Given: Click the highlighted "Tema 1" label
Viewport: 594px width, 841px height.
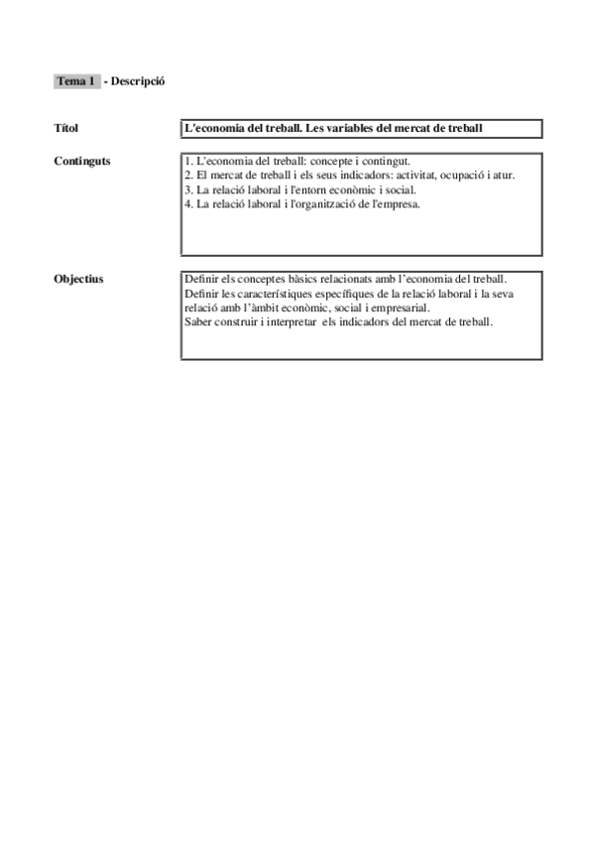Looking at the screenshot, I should [76, 81].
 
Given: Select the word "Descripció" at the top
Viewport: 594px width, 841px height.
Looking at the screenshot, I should [138, 81].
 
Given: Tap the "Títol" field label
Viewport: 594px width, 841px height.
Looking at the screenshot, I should [65, 128].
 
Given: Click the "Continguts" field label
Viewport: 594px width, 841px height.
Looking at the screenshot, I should [82, 161].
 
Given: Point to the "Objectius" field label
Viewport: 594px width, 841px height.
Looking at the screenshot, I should [78, 280].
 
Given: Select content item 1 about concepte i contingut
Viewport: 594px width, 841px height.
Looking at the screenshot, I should [297, 161].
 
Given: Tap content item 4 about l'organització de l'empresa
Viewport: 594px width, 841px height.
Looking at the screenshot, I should [302, 205].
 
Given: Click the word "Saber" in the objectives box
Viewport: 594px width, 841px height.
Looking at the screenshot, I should [198, 322].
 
